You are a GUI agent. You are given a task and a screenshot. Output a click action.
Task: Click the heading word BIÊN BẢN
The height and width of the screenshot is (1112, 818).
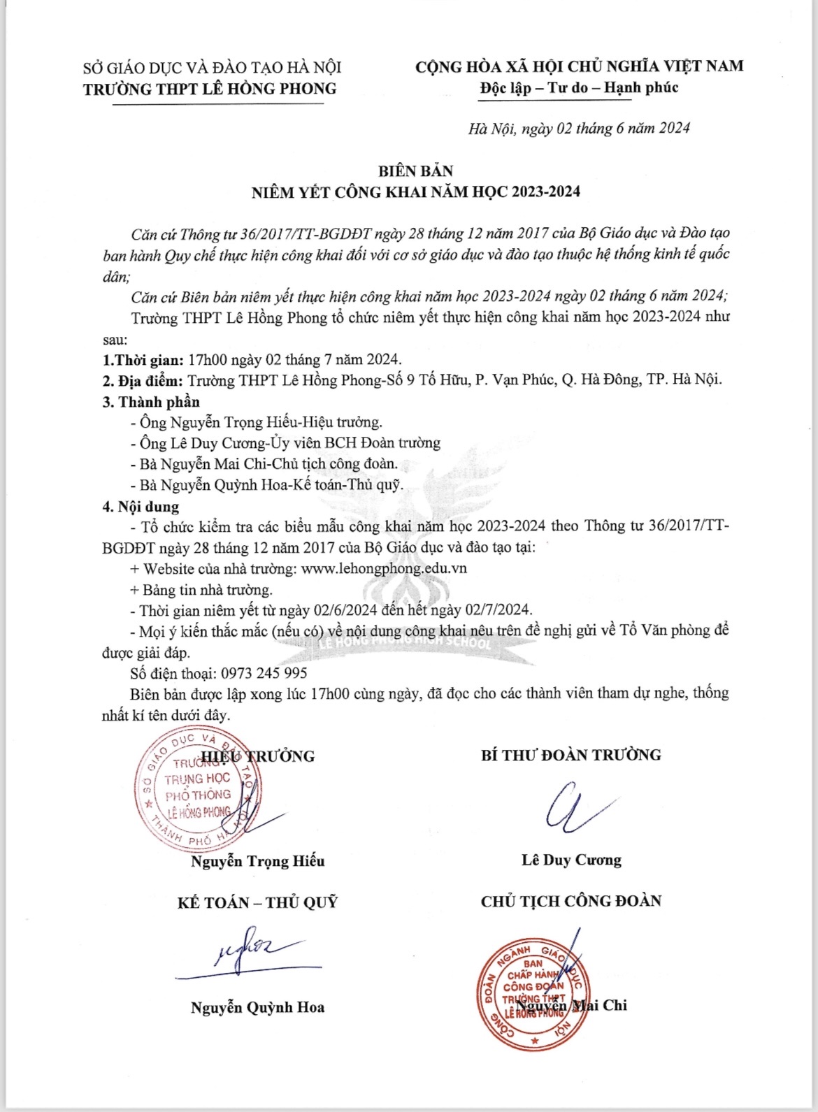click(415, 171)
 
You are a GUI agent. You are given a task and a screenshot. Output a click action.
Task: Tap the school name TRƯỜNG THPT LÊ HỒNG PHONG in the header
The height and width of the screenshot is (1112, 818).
click(210, 89)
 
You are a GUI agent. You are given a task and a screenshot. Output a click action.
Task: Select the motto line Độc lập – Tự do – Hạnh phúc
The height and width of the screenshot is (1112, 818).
click(579, 88)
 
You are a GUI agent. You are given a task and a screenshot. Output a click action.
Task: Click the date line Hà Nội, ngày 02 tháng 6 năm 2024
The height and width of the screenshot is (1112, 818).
click(579, 129)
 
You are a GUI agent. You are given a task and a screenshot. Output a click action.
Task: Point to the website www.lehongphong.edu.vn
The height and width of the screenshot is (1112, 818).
click(384, 568)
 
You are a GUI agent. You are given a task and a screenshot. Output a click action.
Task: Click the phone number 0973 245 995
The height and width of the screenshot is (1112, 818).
click(264, 673)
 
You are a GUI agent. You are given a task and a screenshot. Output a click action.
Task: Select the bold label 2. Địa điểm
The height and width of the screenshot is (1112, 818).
click(143, 380)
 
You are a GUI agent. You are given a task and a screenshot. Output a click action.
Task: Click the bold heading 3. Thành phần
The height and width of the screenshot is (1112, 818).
click(151, 402)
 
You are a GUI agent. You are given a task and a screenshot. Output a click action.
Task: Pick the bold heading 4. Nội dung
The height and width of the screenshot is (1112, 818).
click(141, 507)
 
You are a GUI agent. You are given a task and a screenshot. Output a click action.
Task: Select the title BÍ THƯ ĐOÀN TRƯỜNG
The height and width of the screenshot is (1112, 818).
click(571, 755)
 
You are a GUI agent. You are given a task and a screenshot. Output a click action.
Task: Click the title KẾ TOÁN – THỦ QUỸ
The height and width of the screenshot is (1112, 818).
click(257, 902)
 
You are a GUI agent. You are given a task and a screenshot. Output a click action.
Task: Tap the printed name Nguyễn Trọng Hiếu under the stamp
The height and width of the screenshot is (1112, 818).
click(257, 861)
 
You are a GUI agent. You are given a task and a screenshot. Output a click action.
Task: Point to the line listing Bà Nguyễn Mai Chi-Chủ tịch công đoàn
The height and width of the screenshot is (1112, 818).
click(268, 464)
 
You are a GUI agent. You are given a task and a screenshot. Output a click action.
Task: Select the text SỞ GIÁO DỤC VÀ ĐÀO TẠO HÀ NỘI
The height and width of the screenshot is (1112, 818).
click(212, 68)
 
